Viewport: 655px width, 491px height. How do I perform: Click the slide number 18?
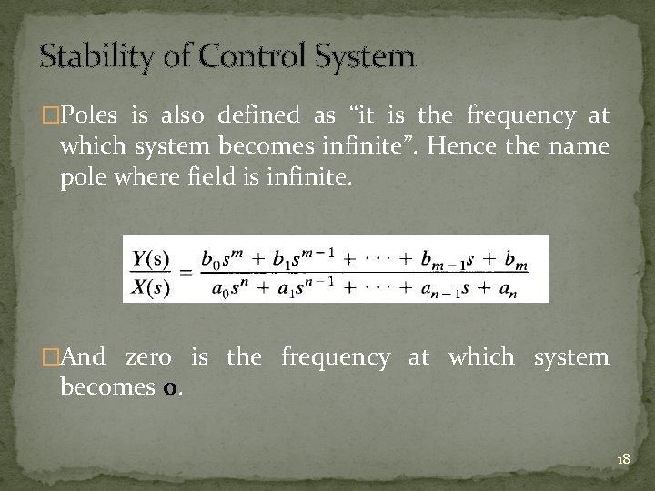(x=623, y=460)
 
